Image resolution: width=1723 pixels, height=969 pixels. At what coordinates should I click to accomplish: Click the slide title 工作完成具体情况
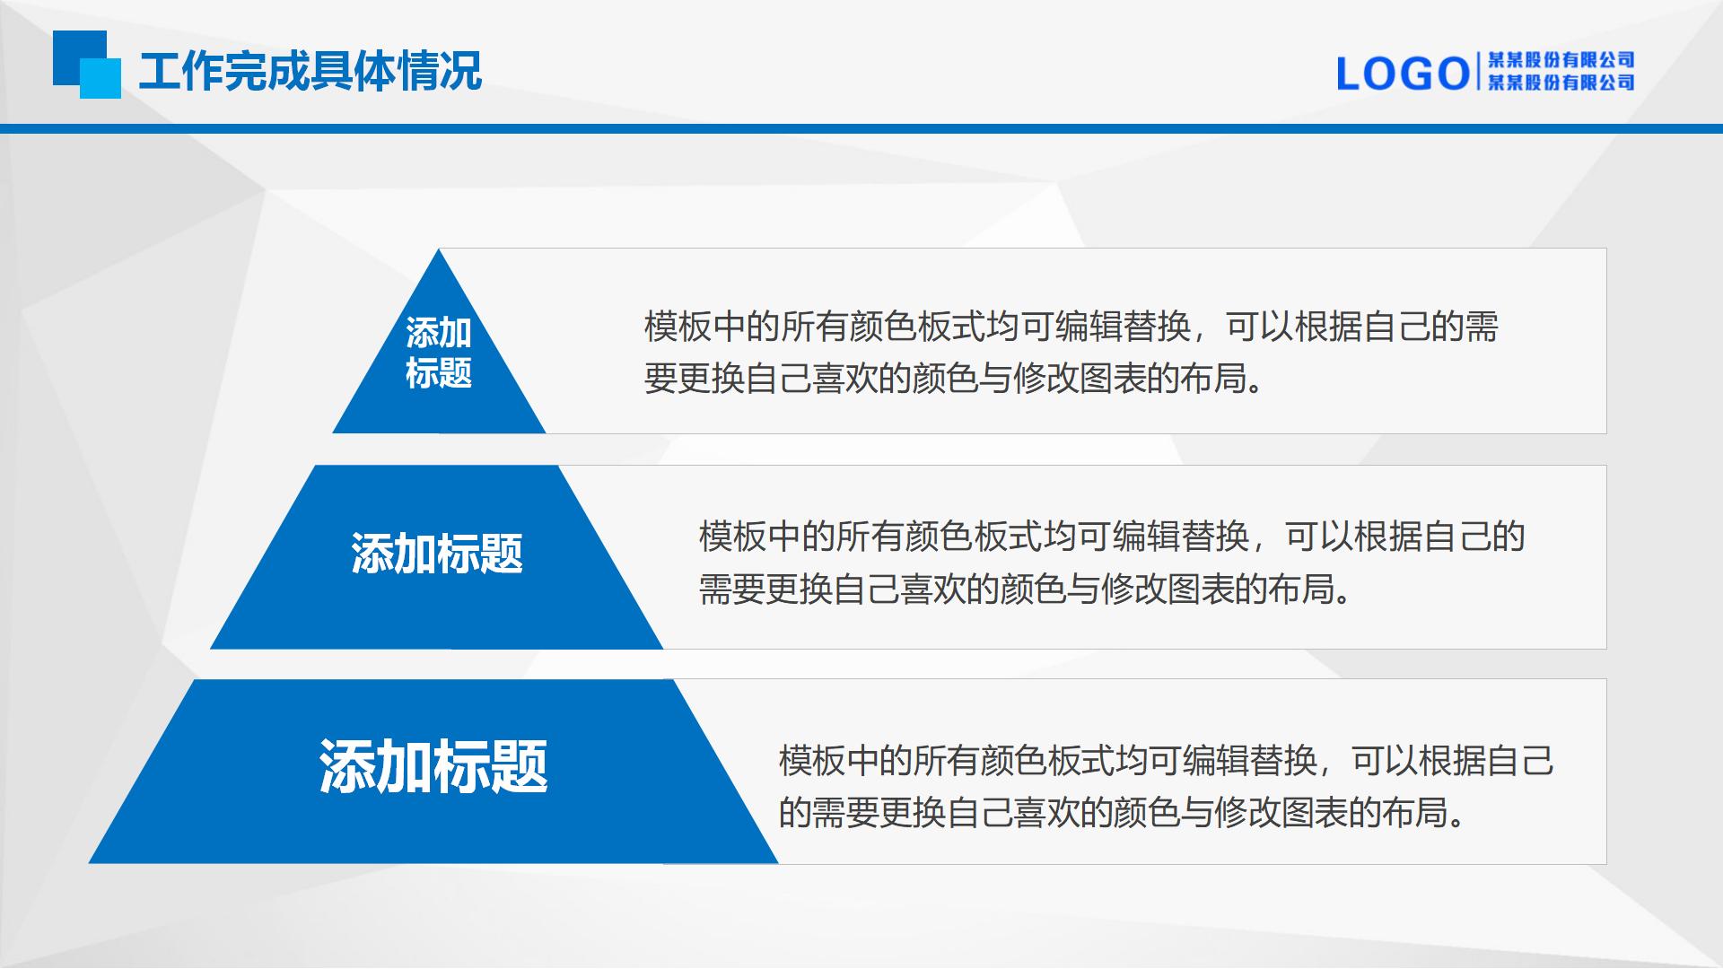click(x=310, y=71)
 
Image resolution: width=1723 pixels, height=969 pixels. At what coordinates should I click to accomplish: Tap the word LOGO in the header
click(x=1403, y=74)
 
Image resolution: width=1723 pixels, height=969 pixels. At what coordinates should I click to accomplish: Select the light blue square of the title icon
click(x=101, y=79)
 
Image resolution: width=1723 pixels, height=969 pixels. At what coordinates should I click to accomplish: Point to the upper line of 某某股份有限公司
click(x=1561, y=60)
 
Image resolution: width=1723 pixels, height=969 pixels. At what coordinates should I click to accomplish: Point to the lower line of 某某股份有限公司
click(x=1561, y=83)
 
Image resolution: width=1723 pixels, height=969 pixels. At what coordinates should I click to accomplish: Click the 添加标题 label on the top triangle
click(x=439, y=353)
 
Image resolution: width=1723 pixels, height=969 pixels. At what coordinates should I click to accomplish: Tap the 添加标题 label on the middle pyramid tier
click(x=437, y=554)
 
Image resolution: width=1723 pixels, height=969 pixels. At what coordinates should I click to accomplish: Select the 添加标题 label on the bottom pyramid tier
click(x=433, y=767)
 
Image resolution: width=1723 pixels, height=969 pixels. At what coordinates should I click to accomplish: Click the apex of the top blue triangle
click(x=439, y=249)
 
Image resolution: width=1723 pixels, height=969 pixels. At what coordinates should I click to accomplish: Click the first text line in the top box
click(x=1071, y=327)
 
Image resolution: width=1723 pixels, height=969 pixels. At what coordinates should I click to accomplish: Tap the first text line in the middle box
click(x=1113, y=537)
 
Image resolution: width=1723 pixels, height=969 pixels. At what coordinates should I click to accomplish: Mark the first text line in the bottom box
click(x=1167, y=761)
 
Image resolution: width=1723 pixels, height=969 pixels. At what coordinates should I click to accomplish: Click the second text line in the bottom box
click(x=1124, y=813)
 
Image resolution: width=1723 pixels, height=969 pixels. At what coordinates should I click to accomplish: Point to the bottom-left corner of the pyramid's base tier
click(x=90, y=863)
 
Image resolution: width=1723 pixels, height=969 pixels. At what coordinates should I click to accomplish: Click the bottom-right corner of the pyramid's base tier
click(x=777, y=863)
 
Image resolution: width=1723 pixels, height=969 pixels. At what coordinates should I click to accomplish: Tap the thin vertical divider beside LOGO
click(x=1478, y=73)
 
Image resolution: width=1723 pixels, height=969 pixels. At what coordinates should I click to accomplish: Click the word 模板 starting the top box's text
click(x=678, y=327)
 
